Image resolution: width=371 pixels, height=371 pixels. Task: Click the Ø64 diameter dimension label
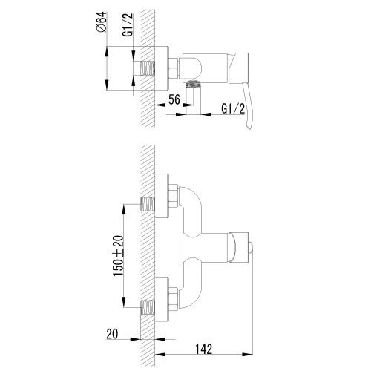pos(102,22)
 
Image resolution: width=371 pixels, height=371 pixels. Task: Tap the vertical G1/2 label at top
pos(128,25)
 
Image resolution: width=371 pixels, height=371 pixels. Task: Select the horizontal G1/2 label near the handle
pos(233,108)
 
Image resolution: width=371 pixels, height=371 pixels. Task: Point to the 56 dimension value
pos(174,99)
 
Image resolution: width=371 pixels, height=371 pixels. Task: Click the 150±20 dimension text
pos(118,256)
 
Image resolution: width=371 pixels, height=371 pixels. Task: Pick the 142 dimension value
pos(204,349)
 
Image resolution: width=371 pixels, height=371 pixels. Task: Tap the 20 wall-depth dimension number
pos(112,334)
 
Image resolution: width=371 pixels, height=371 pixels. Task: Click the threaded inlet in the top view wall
pos(148,68)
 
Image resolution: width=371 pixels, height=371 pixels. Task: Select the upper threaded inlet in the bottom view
pos(148,204)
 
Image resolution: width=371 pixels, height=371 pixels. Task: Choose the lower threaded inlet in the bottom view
pos(148,307)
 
